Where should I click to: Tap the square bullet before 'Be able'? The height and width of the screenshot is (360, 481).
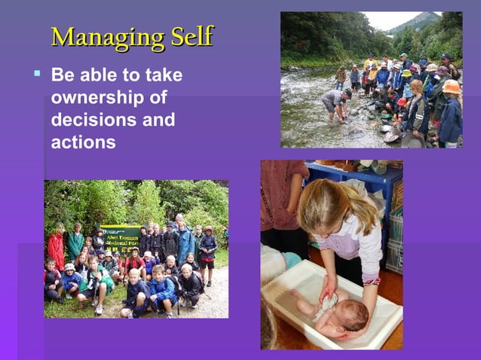pos(36,74)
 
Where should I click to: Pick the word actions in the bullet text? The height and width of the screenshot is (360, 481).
pos(83,142)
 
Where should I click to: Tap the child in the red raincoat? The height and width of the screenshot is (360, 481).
pos(57,249)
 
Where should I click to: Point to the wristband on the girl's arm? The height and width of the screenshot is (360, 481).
pos(371,281)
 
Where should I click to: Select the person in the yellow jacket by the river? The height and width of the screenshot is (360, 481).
pos(369,63)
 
